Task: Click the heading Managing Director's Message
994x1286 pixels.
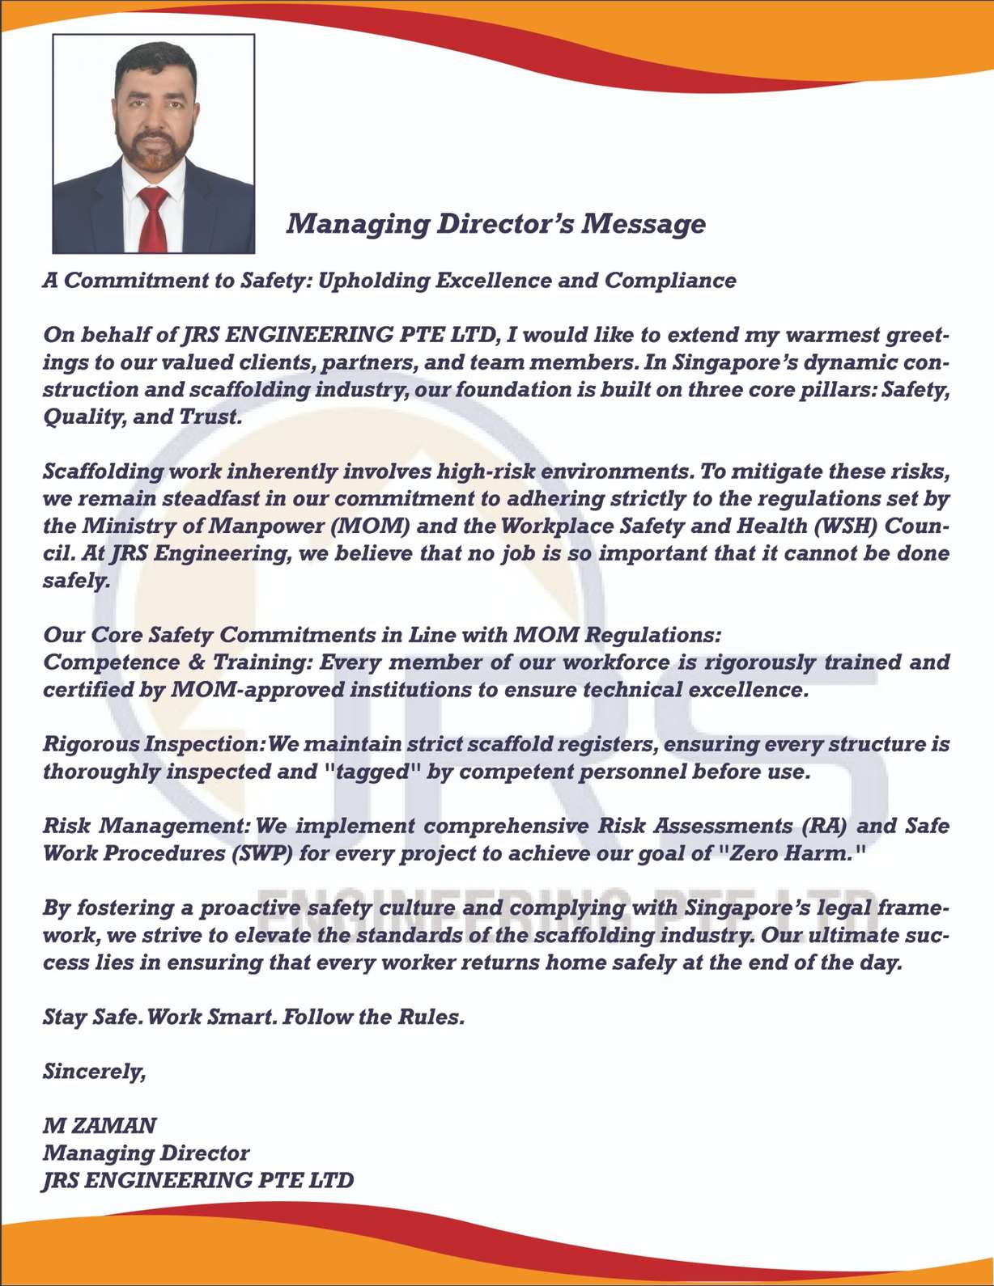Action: tap(495, 224)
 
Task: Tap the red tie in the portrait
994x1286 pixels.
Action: tap(152, 218)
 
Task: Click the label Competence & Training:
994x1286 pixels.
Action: tap(177, 662)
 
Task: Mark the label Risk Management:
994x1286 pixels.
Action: tap(146, 826)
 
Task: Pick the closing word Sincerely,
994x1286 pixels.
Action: tap(94, 1072)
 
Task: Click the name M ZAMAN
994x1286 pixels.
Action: tap(100, 1126)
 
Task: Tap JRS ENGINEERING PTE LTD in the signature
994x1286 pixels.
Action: tap(198, 1180)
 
